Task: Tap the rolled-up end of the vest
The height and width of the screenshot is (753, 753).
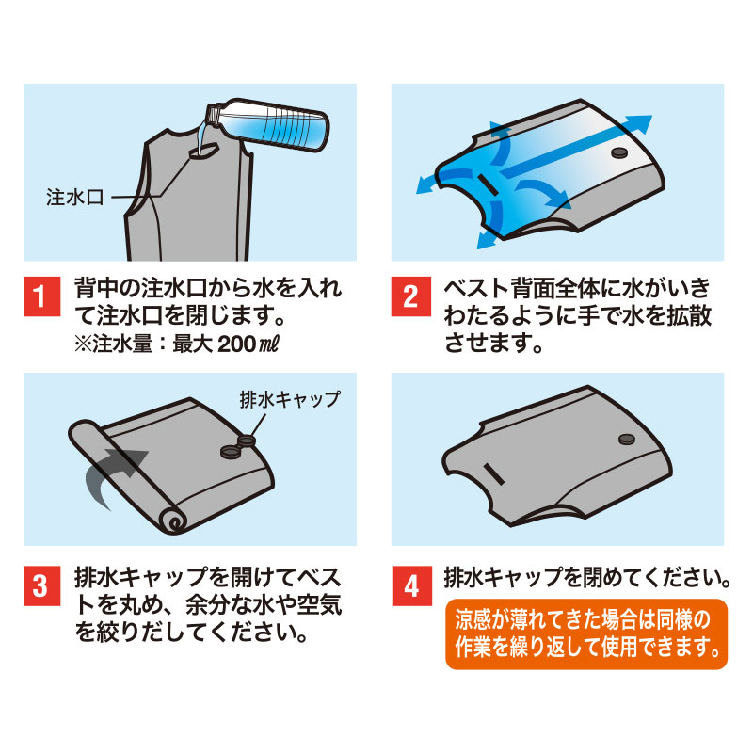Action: [170, 521]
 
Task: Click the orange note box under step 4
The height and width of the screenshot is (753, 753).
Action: [586, 633]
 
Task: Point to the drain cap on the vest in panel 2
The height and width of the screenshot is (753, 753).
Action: [619, 152]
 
